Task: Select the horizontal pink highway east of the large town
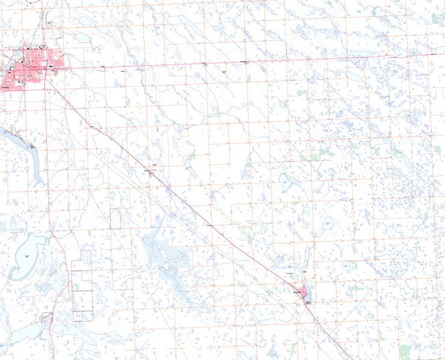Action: click(240, 62)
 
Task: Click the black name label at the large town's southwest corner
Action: click(6, 88)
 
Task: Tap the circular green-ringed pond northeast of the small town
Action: click(347, 265)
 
